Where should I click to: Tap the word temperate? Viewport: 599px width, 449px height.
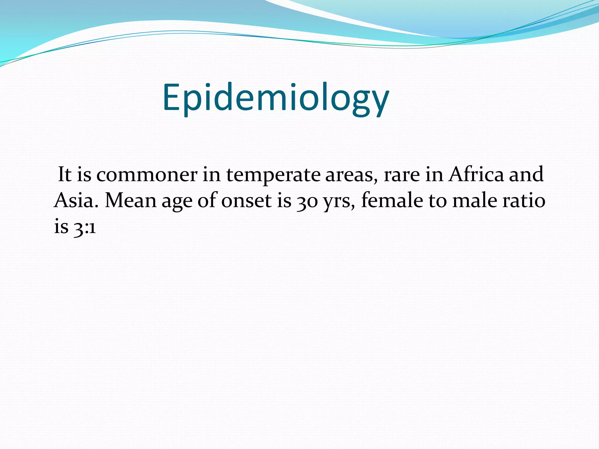(x=273, y=175)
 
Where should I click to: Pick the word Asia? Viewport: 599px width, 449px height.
(x=76, y=201)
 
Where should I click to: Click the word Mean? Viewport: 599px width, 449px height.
(x=131, y=201)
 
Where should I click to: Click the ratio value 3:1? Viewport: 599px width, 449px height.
(x=85, y=227)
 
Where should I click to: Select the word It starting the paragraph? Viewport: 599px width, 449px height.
(x=65, y=175)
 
